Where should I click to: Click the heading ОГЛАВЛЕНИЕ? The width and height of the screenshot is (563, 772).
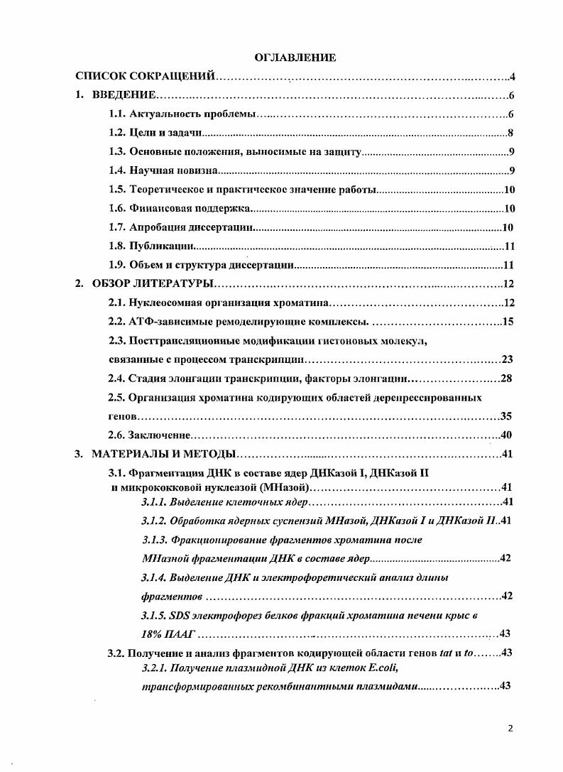(x=295, y=56)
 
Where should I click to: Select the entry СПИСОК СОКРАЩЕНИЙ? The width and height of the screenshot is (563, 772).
(x=146, y=76)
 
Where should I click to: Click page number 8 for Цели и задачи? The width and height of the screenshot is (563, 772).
(x=510, y=133)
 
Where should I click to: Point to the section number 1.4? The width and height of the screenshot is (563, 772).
(x=116, y=170)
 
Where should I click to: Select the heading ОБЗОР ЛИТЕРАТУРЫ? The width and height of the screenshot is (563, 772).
(x=153, y=284)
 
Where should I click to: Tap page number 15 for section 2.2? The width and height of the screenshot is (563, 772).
(x=508, y=322)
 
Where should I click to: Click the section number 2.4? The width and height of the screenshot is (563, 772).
(x=116, y=379)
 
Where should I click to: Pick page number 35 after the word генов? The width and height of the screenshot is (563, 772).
(x=507, y=416)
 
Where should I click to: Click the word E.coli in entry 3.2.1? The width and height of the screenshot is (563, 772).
(x=379, y=667)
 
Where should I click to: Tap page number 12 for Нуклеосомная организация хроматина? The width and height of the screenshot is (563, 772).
(x=508, y=303)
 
